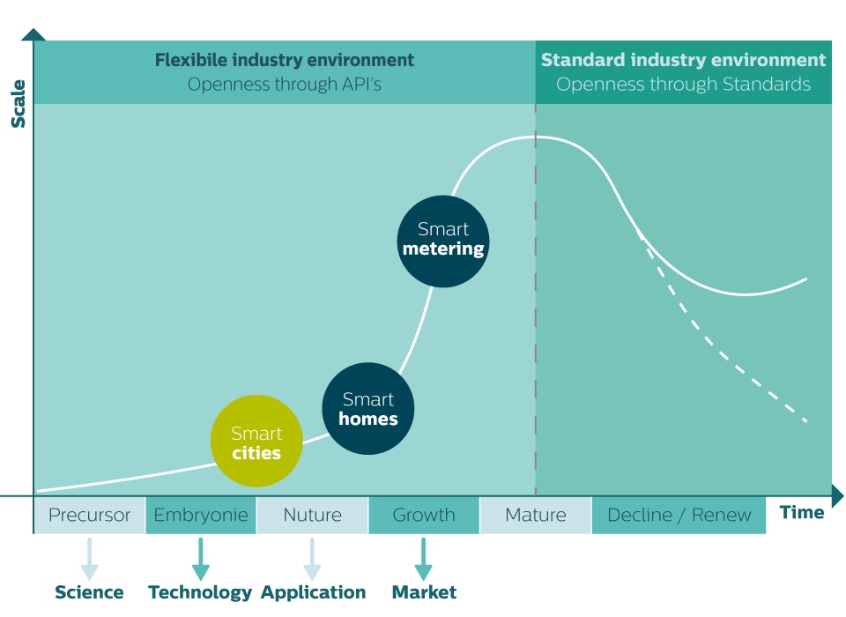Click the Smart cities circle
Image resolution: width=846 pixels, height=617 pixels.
click(x=256, y=442)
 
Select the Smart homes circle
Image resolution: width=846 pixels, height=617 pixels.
click(x=368, y=409)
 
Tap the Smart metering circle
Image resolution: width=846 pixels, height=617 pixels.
click(x=443, y=240)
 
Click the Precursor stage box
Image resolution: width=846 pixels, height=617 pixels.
click(x=89, y=515)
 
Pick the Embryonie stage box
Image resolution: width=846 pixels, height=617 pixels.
click(x=201, y=515)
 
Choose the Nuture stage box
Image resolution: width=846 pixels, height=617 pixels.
click(x=312, y=515)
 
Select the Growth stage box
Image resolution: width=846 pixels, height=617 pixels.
click(x=424, y=515)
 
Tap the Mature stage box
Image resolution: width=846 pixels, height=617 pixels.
click(x=535, y=515)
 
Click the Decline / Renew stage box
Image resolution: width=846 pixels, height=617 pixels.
click(x=679, y=515)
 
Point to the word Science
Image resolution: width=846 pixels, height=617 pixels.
click(x=89, y=592)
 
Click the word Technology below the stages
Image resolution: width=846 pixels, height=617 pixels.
click(x=200, y=592)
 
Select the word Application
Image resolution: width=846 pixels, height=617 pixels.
click(x=313, y=592)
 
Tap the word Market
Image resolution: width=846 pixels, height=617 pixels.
click(x=424, y=592)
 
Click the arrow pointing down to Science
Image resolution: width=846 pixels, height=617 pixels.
click(x=89, y=559)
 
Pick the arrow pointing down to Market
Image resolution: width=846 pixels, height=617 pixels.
click(x=424, y=559)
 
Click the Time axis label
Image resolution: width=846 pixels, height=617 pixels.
click(x=802, y=513)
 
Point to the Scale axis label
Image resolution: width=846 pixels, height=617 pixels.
click(x=19, y=103)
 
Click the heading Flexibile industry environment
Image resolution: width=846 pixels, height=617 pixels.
click(x=285, y=61)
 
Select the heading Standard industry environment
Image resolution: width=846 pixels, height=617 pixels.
click(x=684, y=61)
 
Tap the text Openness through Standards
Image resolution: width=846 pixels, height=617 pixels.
click(x=684, y=85)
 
